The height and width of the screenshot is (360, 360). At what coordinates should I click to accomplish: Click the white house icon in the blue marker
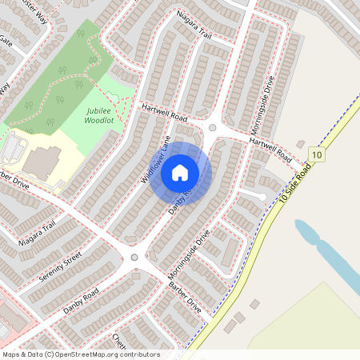180,172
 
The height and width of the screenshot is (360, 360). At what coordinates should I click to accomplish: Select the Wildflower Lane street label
157,160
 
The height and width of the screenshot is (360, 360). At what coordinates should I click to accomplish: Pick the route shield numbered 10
318,154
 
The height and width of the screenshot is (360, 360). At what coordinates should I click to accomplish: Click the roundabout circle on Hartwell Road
213,127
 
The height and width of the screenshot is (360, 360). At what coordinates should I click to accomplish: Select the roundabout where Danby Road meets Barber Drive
134,257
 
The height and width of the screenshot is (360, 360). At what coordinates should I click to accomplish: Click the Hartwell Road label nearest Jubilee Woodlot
163,112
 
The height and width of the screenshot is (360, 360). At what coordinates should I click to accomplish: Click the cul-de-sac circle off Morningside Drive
262,196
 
